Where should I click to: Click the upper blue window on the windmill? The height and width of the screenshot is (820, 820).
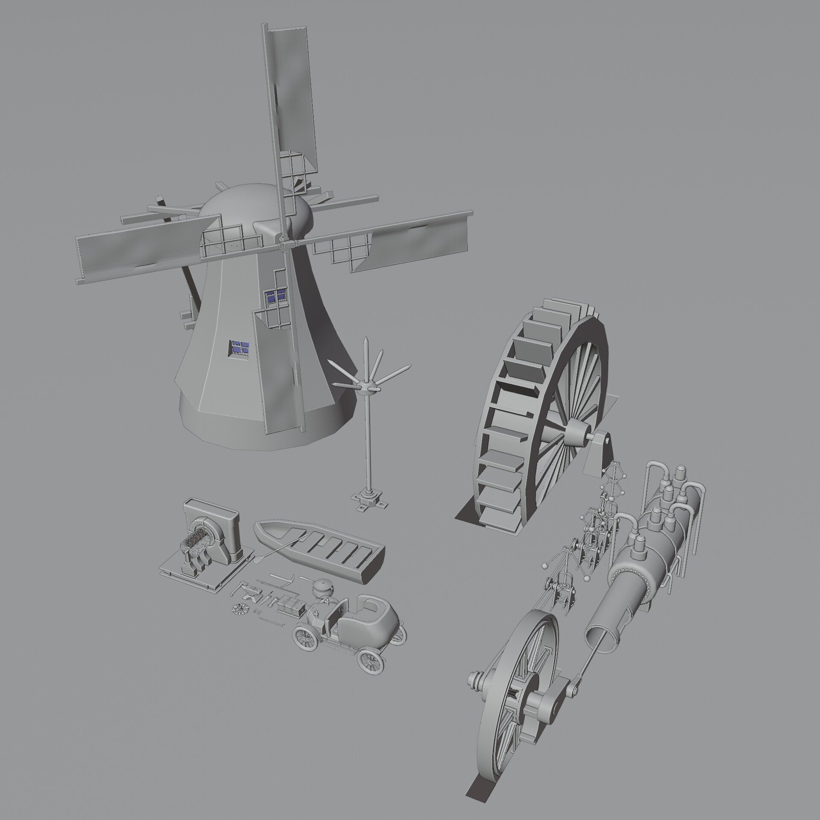coord(275,295)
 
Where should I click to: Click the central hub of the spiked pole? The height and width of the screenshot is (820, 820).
coord(366,386)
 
